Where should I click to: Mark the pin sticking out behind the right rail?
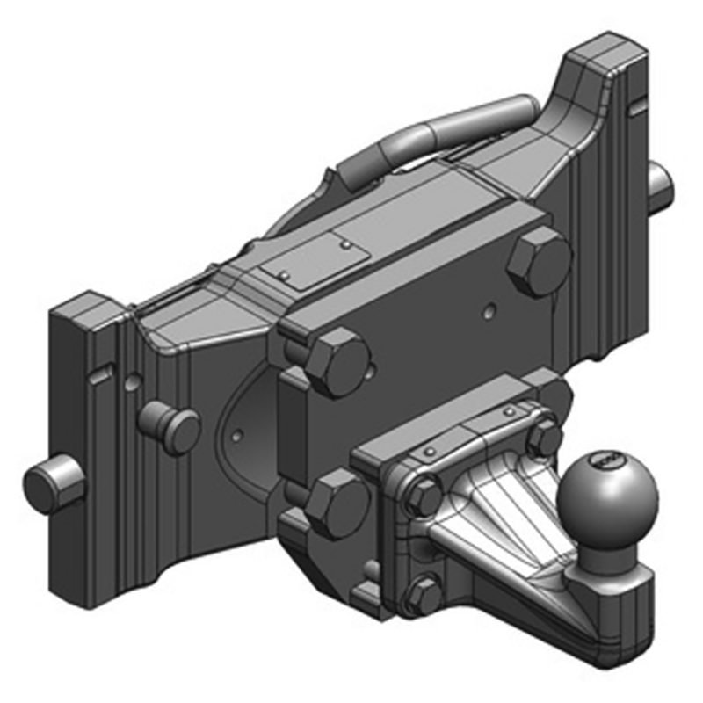tap(660, 181)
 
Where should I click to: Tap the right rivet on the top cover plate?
tap(348, 243)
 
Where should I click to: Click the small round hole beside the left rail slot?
tap(131, 382)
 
